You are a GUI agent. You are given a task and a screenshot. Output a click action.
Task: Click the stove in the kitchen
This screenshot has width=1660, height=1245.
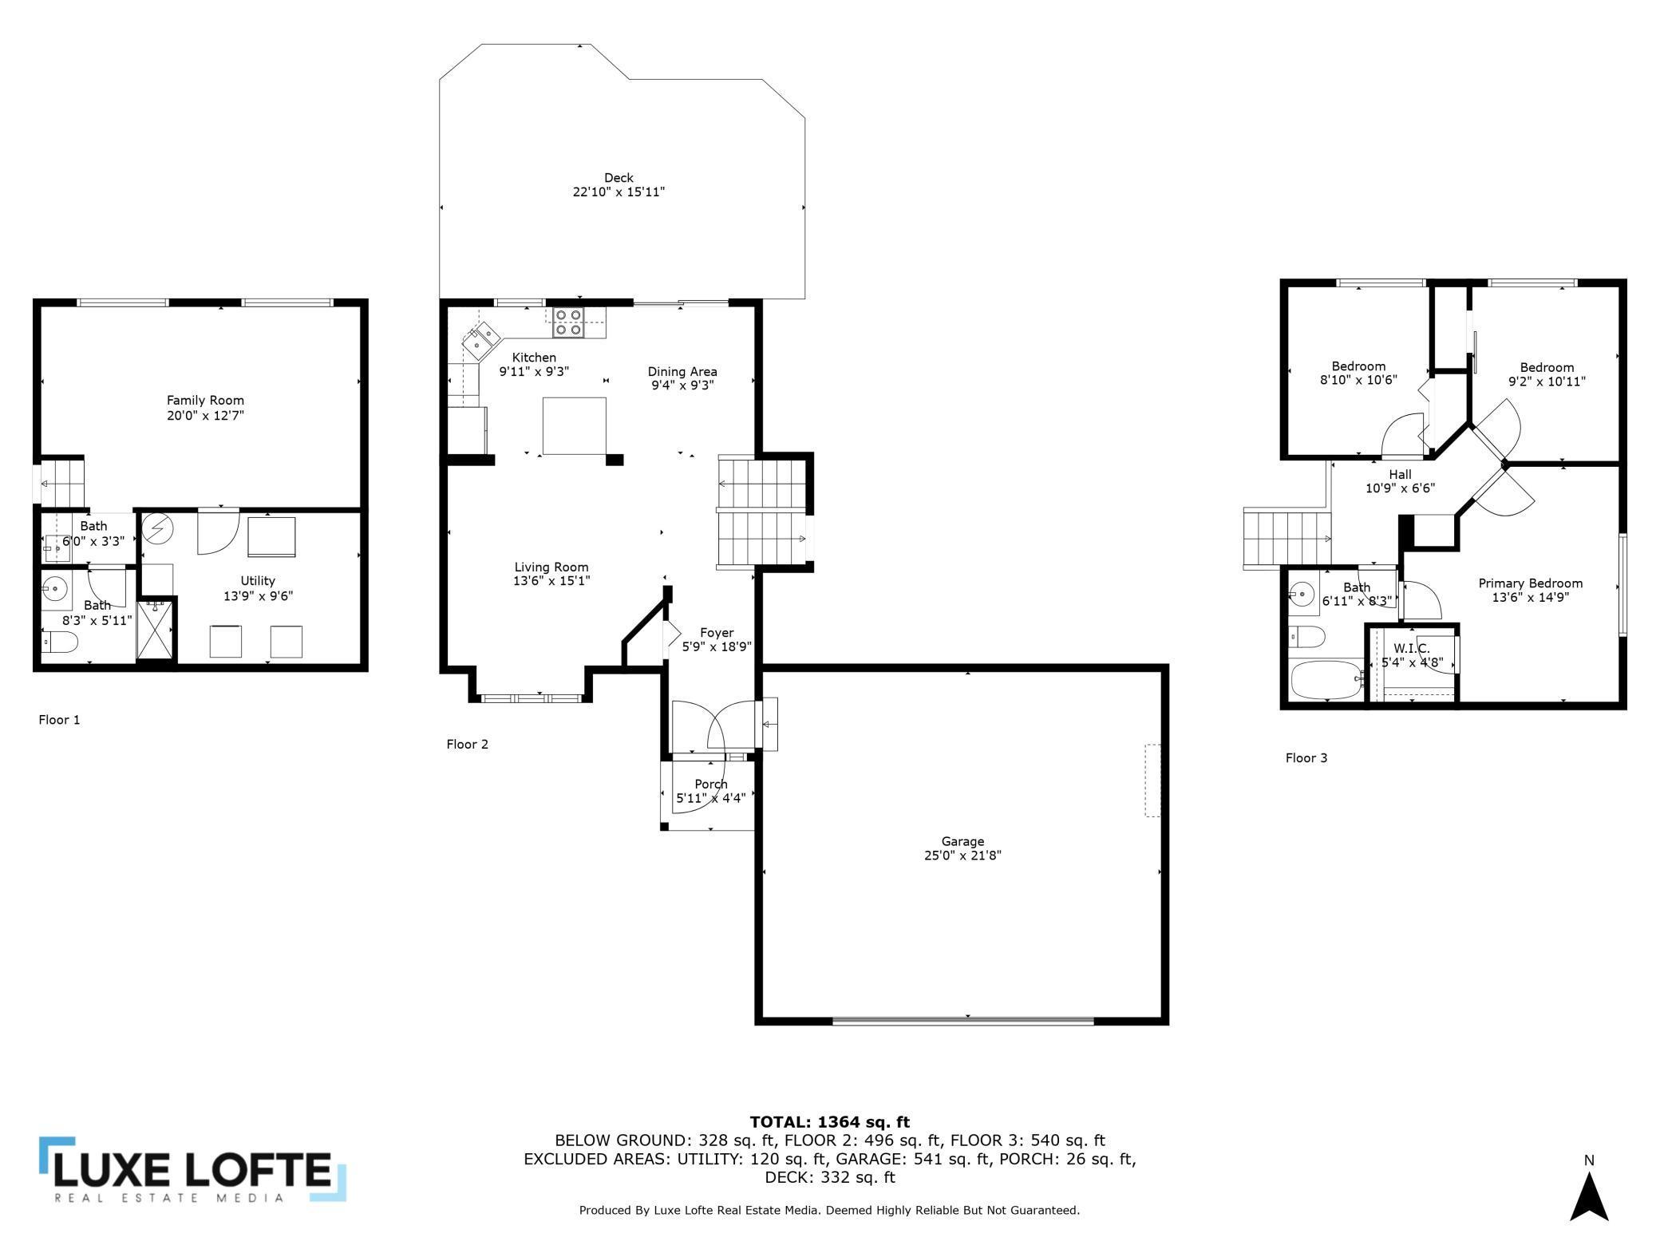point(568,322)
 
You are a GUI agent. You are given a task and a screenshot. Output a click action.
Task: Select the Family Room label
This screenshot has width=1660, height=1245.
point(205,401)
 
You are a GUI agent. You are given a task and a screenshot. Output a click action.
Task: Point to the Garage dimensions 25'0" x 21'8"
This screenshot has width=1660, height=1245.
point(962,856)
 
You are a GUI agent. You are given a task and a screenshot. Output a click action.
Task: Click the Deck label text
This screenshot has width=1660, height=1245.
point(619,178)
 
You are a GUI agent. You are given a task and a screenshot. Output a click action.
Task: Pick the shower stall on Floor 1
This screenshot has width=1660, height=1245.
point(156,630)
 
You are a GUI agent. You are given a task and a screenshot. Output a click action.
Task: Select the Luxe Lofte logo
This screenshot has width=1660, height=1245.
point(192,1169)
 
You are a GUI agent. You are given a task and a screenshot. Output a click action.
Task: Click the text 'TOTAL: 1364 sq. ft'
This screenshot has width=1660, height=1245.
point(829,1122)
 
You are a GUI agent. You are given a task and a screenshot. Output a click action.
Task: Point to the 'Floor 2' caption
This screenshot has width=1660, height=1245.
point(467,745)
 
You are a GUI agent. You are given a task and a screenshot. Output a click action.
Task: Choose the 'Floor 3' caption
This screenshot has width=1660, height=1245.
point(1306,758)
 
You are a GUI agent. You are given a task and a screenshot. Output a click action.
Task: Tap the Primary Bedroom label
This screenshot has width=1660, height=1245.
point(1530,583)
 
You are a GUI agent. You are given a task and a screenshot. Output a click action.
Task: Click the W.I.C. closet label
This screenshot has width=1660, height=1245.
point(1412,648)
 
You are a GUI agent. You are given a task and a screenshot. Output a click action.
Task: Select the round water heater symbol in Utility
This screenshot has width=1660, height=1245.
point(157,528)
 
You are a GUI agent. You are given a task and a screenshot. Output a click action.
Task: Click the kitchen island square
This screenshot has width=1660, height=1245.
point(574,426)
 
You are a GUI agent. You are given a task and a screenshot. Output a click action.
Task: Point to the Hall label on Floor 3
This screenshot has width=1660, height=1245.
point(1400,475)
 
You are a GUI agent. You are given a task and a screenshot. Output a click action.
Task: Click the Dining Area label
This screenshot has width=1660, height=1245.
point(682,372)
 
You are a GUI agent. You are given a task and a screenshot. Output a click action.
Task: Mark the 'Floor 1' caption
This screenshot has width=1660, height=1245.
point(59,720)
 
